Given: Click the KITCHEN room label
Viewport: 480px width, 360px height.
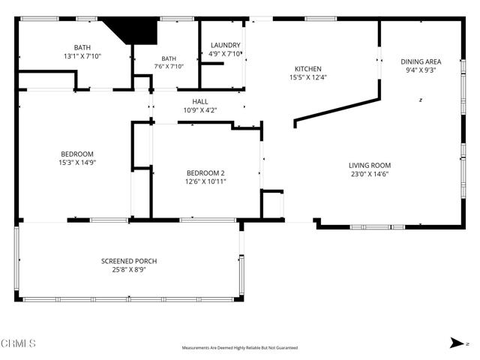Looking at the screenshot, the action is (x=308, y=69).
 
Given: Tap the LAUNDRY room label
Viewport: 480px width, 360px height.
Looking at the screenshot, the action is (x=225, y=45).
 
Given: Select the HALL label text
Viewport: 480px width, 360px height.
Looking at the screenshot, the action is (x=200, y=102).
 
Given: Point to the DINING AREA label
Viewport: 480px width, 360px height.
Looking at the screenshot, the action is (x=421, y=61).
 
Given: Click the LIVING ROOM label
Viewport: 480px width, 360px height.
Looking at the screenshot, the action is (x=370, y=166).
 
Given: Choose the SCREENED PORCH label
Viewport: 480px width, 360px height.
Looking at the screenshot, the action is (x=129, y=262).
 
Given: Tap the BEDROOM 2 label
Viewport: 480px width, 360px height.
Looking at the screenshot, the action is (x=205, y=173).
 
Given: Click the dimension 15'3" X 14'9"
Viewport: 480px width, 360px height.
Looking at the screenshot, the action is (x=77, y=163).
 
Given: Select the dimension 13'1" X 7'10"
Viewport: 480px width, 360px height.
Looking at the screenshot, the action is (x=82, y=56).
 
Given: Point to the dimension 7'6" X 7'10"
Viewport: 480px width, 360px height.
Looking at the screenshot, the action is (x=169, y=66).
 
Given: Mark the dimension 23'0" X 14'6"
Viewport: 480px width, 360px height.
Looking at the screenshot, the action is (x=370, y=174).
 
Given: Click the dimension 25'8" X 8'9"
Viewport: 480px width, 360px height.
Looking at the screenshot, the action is (x=129, y=270).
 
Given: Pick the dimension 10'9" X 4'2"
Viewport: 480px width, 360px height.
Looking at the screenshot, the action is (x=200, y=110).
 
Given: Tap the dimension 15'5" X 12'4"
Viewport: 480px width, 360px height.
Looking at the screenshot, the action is (x=308, y=77).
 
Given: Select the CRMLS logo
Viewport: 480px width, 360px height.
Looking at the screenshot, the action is (x=18, y=343).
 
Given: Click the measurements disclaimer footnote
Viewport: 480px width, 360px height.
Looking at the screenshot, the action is (x=240, y=348).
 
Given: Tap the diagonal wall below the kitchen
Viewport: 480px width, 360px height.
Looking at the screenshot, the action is (x=337, y=111).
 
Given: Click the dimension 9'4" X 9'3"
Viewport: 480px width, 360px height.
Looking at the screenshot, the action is (x=421, y=70).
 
